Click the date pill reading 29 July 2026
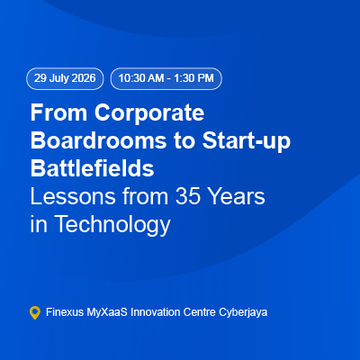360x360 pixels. (65, 78)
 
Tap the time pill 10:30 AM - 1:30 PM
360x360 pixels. (166, 78)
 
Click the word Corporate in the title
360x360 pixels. (149, 112)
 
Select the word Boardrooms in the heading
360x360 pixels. (98, 140)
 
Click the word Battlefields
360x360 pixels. (93, 168)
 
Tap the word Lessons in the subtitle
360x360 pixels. (73, 196)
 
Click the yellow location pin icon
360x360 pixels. (35, 312)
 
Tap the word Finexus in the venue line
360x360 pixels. (65, 312)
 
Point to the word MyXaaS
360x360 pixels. (107, 313)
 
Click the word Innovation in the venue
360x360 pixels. (155, 312)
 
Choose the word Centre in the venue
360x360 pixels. (199, 312)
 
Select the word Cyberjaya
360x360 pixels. (243, 313)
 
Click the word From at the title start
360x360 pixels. (58, 112)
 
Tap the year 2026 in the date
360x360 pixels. (84, 78)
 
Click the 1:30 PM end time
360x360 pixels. (193, 78)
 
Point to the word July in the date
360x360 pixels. (59, 79)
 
